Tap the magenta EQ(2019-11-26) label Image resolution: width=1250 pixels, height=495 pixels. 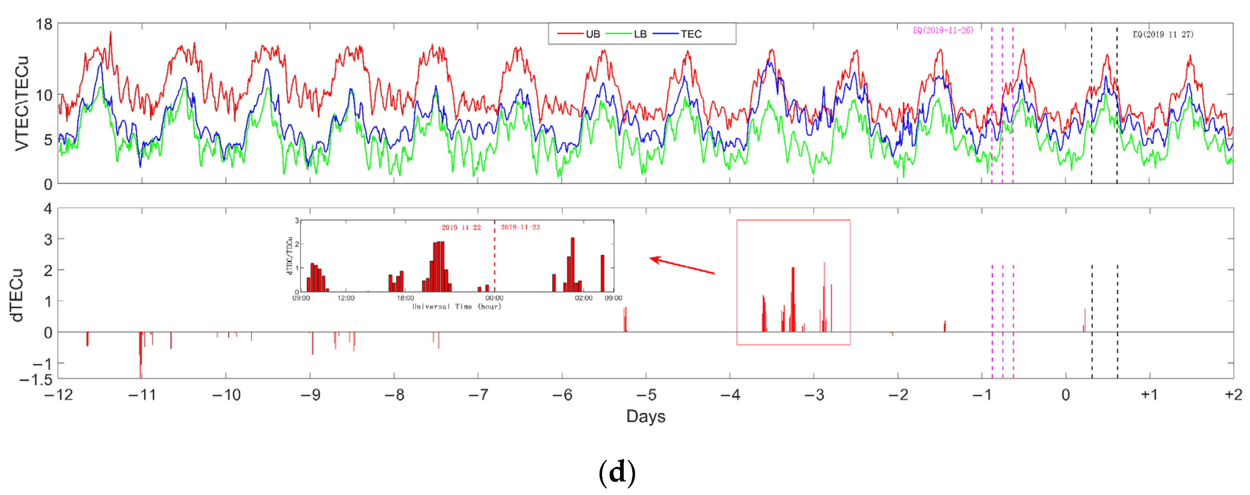click(x=943, y=30)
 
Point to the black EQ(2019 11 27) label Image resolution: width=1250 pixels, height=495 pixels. click(x=1163, y=34)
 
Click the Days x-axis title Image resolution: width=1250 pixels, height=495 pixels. click(x=645, y=416)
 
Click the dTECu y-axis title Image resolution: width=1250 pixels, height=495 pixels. click(x=16, y=295)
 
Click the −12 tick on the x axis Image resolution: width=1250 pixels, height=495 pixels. click(x=59, y=395)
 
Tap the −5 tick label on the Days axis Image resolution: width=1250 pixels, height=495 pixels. click(x=646, y=395)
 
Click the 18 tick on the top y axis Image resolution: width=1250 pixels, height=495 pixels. click(x=44, y=24)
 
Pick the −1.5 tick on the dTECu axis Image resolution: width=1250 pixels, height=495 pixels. click(x=36, y=380)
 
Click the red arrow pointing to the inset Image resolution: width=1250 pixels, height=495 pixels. click(x=681, y=266)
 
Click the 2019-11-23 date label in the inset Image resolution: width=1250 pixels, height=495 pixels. click(x=520, y=227)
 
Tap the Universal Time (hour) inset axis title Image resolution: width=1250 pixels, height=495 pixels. click(x=457, y=306)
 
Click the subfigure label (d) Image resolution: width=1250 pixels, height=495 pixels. click(x=617, y=472)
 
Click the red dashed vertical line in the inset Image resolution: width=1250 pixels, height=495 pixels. click(x=494, y=257)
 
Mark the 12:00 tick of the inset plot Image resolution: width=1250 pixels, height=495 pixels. click(x=346, y=298)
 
